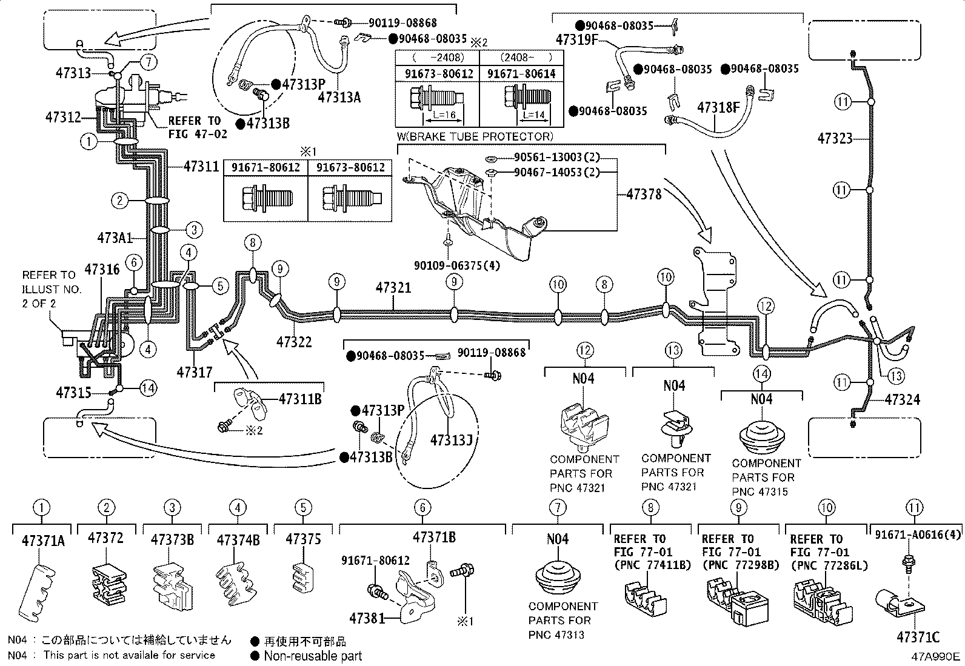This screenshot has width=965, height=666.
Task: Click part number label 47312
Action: pyautogui.click(x=63, y=117)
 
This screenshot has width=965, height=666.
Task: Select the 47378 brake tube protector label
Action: pyautogui.click(x=644, y=195)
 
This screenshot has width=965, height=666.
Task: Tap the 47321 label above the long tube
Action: pyautogui.click(x=393, y=287)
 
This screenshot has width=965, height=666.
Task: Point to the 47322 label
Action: pyautogui.click(x=294, y=342)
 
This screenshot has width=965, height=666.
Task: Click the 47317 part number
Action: pyautogui.click(x=195, y=371)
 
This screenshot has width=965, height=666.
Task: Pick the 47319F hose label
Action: pyautogui.click(x=577, y=39)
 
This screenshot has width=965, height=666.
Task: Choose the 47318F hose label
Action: pyautogui.click(x=718, y=107)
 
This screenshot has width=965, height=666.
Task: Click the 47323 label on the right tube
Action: pyautogui.click(x=835, y=138)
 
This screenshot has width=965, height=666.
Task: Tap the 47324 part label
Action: pyautogui.click(x=902, y=400)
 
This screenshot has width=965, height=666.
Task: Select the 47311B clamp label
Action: pyautogui.click(x=300, y=399)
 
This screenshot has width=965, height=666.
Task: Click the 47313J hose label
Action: pyautogui.click(x=452, y=440)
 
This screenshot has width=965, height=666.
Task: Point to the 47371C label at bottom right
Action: pyautogui.click(x=918, y=637)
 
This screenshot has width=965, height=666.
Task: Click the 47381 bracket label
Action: pyautogui.click(x=367, y=618)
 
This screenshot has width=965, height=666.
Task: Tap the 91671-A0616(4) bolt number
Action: pyautogui.click(x=918, y=534)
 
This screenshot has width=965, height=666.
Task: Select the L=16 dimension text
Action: pyautogui.click(x=444, y=115)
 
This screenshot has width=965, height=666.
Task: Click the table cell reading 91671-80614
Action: pyautogui.click(x=521, y=74)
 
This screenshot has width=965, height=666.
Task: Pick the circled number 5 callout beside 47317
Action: pyautogui.click(x=220, y=285)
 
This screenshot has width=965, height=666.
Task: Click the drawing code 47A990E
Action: pyautogui.click(x=935, y=656)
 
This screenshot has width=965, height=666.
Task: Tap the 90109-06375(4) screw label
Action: pyautogui.click(x=457, y=265)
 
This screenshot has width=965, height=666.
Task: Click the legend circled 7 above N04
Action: pyautogui.click(x=558, y=507)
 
